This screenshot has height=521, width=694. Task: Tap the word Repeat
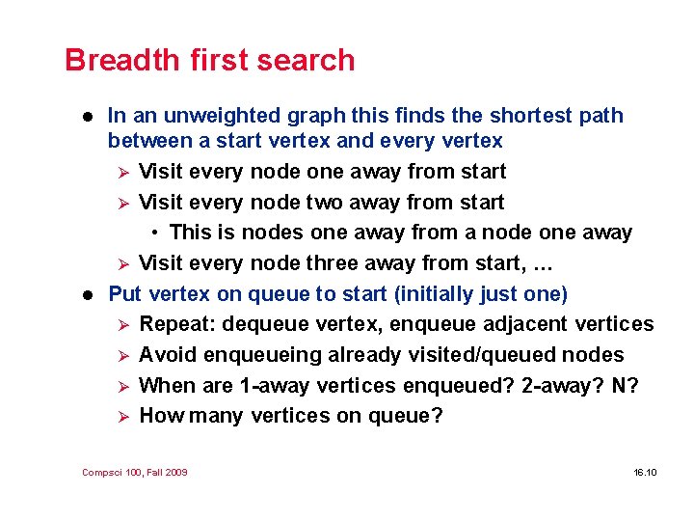pyautogui.click(x=180, y=324)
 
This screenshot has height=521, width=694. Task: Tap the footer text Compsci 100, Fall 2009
pyautogui.click(x=135, y=472)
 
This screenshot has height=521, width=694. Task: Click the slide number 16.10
pyautogui.click(x=645, y=472)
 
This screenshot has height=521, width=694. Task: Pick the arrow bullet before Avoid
pyautogui.click(x=122, y=355)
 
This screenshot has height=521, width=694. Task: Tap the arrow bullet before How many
pyautogui.click(x=122, y=417)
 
